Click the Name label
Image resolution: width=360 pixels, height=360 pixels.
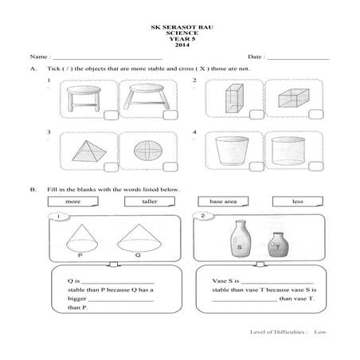[x=39, y=58]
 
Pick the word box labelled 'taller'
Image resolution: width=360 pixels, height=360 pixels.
[x=150, y=202]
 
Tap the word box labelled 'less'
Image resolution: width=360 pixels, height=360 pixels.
[x=297, y=202]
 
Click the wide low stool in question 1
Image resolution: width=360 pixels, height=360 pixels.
[x=149, y=97]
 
